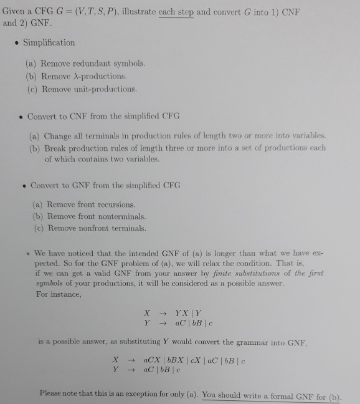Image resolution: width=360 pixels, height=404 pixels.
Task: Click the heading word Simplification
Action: click(x=49, y=42)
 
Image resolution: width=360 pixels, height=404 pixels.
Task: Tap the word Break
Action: click(x=55, y=148)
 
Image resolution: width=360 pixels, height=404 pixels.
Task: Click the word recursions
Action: click(x=116, y=204)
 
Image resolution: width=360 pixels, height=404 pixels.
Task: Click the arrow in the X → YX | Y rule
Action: click(x=160, y=312)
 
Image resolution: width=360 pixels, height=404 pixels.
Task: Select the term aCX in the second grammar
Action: click(x=151, y=360)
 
